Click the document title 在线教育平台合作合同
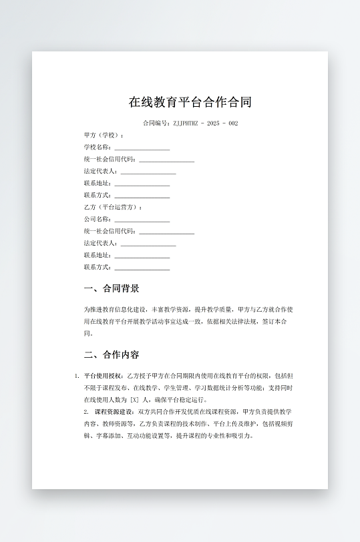(x=190, y=102)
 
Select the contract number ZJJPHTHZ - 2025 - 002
(x=206, y=123)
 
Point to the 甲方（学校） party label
(x=104, y=135)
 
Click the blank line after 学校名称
(x=142, y=148)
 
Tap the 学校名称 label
(x=97, y=148)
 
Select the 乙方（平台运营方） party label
(x=113, y=208)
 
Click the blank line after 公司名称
(x=142, y=220)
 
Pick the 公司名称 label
(x=97, y=220)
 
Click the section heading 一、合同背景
(x=112, y=289)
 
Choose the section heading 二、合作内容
(x=112, y=354)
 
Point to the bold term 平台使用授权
(x=104, y=376)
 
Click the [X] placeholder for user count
(x=134, y=400)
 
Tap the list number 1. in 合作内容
(x=77, y=376)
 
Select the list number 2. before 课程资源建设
(x=86, y=412)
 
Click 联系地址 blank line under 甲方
(x=142, y=184)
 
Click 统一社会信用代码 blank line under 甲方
(x=166, y=160)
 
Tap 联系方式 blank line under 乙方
(x=142, y=268)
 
